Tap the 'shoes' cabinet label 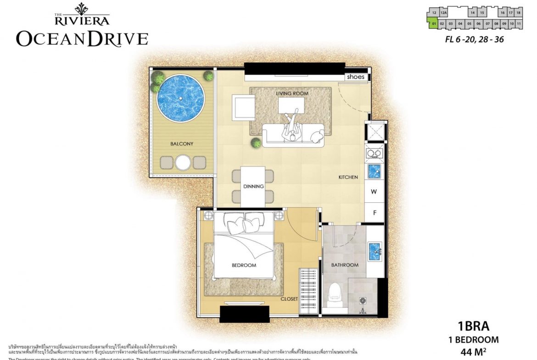tap(356, 77)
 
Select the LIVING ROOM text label tap(292, 94)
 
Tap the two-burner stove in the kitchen tap(374, 153)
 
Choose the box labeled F tap(374, 212)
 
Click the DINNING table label tap(253, 186)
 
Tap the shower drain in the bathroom tap(363, 301)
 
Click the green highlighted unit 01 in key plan tap(433, 23)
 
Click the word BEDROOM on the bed tap(244, 265)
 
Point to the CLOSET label tap(290, 299)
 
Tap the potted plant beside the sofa tap(255, 144)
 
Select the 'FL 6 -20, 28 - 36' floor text tap(474, 39)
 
